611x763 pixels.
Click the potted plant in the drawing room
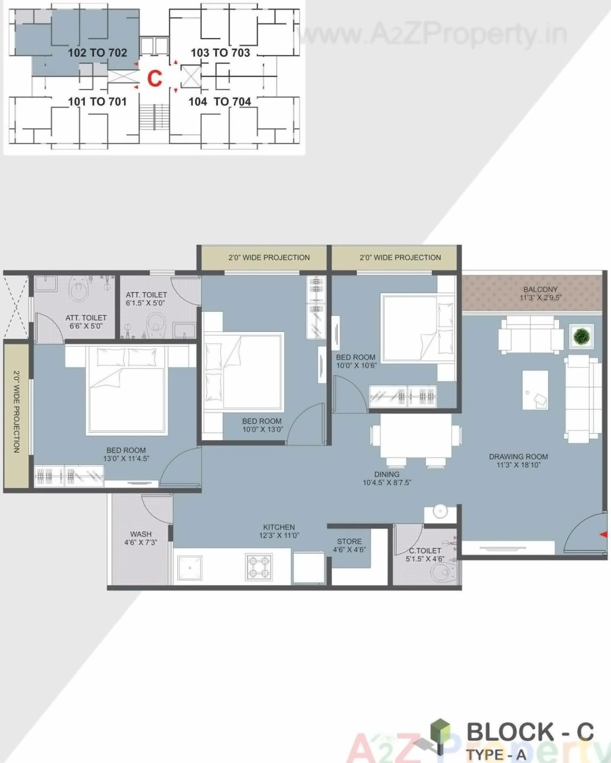pyautogui.click(x=581, y=337)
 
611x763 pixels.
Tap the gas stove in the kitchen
pyautogui.click(x=259, y=567)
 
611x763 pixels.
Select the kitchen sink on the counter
pyautogui.click(x=189, y=567)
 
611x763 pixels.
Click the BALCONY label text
pyautogui.click(x=540, y=290)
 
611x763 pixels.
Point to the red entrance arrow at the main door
pyautogui.click(x=603, y=535)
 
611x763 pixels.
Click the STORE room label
pyautogui.click(x=349, y=542)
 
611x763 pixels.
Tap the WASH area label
pyautogui.click(x=141, y=534)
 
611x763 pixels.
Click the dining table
pyautogui.click(x=416, y=436)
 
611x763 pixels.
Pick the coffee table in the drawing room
pyautogui.click(x=535, y=390)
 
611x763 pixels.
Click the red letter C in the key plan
pyautogui.click(x=155, y=79)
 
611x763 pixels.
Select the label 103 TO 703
pyautogui.click(x=220, y=53)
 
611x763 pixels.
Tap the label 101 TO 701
pyautogui.click(x=97, y=102)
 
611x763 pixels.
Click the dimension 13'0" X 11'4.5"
pyautogui.click(x=126, y=459)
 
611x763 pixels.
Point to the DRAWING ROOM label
pyautogui.click(x=518, y=457)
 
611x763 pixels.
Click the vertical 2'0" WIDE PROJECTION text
pyautogui.click(x=16, y=412)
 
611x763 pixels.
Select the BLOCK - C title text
pyautogui.click(x=530, y=732)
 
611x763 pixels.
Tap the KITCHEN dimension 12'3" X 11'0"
pyautogui.click(x=279, y=536)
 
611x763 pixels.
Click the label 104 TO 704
pyautogui.click(x=220, y=102)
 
